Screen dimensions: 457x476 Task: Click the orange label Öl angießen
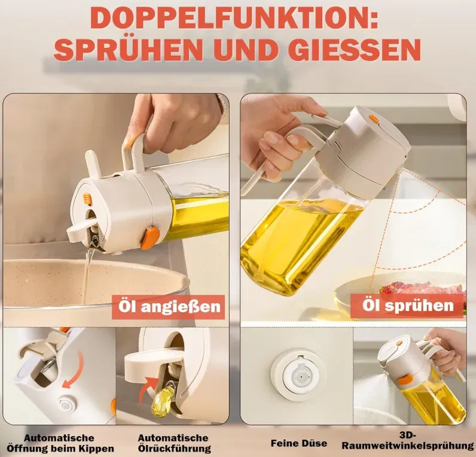pos(168,307)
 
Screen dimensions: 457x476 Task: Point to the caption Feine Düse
pos(298,443)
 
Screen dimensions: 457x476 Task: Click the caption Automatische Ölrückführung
pos(173,443)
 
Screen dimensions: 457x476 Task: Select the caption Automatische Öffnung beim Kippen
pos(60,443)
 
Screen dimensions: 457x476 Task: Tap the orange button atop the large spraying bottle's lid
pos(374,119)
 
